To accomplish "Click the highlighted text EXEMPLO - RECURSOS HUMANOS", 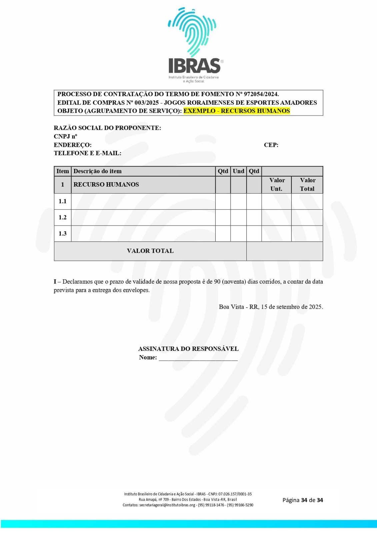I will pyautogui.click(x=237, y=111).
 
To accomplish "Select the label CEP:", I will pyautogui.click(x=271, y=145).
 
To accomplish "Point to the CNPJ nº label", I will pyautogui.click(x=65, y=136).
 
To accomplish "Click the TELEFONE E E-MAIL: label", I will pyautogui.click(x=87, y=153).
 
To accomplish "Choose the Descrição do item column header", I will pyautogui.click(x=97, y=171).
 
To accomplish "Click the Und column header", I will pyautogui.click(x=238, y=171).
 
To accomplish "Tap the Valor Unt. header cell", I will pyautogui.click(x=277, y=184).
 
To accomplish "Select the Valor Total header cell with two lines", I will pyautogui.click(x=307, y=184).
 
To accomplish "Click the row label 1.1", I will pyautogui.click(x=63, y=201).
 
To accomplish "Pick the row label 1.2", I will pyautogui.click(x=63, y=217).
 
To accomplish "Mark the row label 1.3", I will pyautogui.click(x=63, y=234).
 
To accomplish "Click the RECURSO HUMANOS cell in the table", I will pyautogui.click(x=106, y=185).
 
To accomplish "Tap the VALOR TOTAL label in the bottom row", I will pyautogui.click(x=150, y=251).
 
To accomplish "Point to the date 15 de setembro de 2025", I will pyautogui.click(x=292, y=307).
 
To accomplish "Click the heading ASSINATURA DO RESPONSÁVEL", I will pyautogui.click(x=188, y=349).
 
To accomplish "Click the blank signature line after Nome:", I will pyautogui.click(x=198, y=358).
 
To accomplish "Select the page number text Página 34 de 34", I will pyautogui.click(x=302, y=500).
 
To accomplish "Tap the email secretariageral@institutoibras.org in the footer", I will pyautogui.click(x=167, y=505).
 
